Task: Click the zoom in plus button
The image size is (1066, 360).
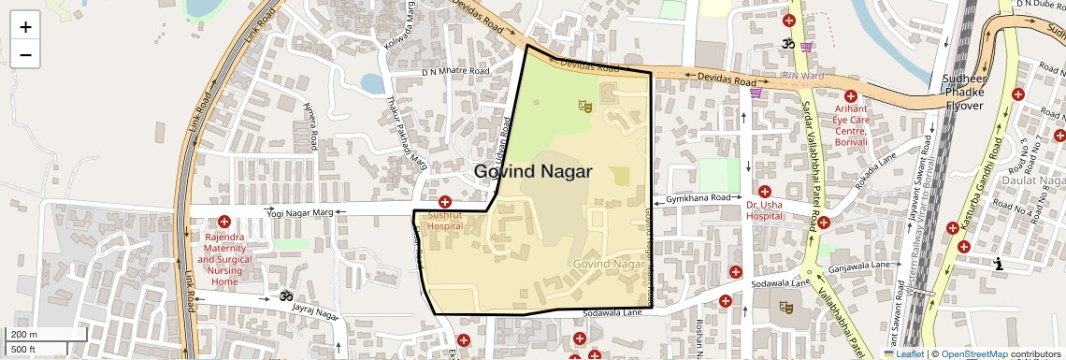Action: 25,26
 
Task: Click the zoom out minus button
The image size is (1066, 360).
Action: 25,54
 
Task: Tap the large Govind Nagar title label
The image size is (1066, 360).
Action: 533,172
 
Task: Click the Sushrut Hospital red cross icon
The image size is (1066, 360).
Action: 445,202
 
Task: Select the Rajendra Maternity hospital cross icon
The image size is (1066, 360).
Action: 224,222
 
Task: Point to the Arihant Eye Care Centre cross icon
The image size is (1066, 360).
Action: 851,96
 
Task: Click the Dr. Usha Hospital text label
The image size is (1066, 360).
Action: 764,209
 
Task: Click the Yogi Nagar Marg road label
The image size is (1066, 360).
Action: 300,214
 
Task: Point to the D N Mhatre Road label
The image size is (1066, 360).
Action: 455,71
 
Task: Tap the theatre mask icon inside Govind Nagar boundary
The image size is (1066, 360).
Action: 586,107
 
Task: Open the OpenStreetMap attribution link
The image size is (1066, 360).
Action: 974,353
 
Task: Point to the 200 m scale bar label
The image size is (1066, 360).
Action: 23,335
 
